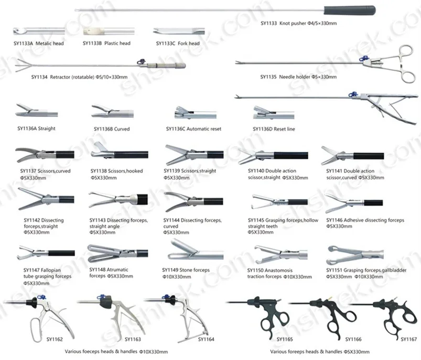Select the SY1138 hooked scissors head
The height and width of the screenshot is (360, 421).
coord(103,154)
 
